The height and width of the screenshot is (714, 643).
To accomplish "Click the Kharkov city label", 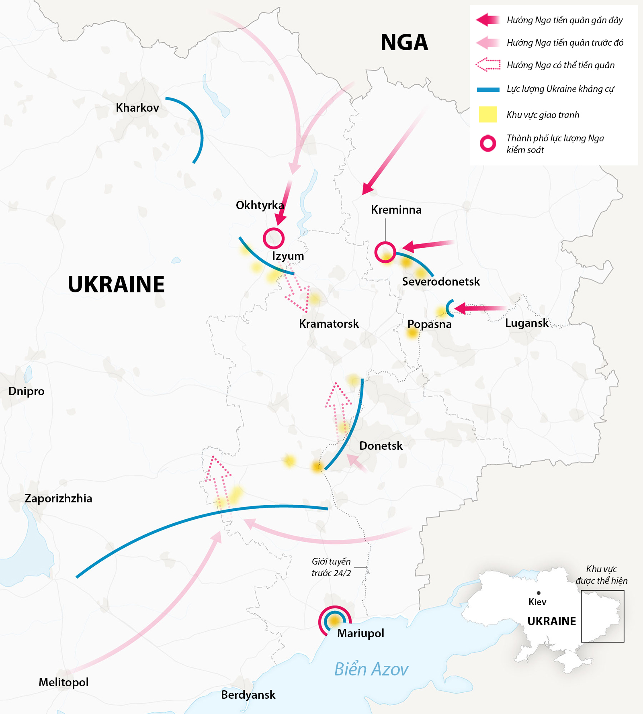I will pos(137,108).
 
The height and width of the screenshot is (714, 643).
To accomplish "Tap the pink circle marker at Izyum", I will pos(274,238).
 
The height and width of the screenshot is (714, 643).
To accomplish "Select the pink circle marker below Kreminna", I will pos(385,253).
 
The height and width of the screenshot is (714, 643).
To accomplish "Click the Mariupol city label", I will pos(360,633).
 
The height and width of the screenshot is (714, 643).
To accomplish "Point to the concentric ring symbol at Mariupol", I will pos(334,621).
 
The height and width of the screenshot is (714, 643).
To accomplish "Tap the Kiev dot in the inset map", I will pos(539,593).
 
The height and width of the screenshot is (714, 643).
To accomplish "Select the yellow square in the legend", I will pos(488,114).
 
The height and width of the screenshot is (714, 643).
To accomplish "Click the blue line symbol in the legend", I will pos(488,90).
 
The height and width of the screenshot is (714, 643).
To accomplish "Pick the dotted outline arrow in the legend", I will pos(488,65).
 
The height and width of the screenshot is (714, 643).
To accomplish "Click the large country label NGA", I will pos(404,43).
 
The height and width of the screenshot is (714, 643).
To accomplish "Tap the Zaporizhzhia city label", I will pos(58,498).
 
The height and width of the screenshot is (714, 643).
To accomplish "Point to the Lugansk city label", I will pos(526,323).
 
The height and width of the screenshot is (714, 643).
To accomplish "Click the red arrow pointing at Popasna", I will pos(478,308).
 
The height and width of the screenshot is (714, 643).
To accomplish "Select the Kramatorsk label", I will pos(329,324).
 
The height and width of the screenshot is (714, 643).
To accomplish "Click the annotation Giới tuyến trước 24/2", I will pos(331,567).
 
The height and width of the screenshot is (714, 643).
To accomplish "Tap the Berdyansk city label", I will pos(248,695).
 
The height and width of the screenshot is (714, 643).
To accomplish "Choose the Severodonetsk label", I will pos(441,282).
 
